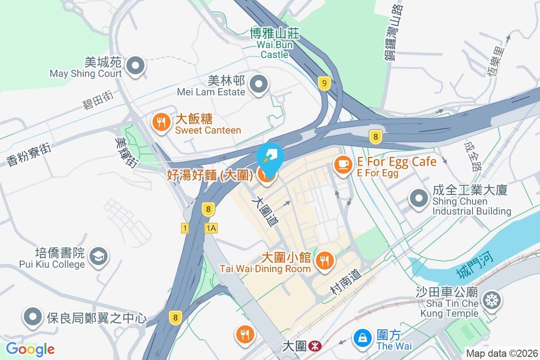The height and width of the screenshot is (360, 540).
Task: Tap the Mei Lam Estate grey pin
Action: click(x=259, y=85)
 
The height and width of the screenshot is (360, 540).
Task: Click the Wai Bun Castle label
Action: click(x=274, y=44)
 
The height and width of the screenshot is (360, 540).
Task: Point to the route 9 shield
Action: click(x=324, y=83)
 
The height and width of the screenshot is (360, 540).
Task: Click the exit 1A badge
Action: click(x=211, y=228)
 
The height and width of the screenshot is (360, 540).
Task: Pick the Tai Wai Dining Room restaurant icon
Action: click(x=324, y=260)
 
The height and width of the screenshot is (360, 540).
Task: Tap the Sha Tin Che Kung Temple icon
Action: click(x=492, y=300)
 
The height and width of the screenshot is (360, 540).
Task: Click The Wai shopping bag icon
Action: click(x=363, y=337)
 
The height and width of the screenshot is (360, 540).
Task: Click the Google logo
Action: click(x=30, y=349)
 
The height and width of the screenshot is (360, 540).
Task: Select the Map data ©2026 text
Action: click(x=501, y=353)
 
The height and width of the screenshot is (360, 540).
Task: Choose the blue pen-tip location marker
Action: click(x=270, y=156)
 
